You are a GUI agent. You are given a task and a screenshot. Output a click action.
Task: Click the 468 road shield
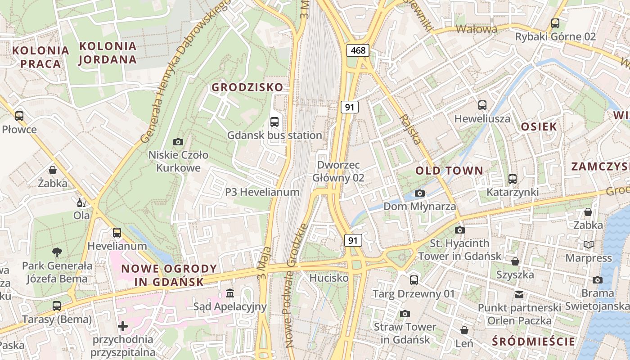coord(358,50)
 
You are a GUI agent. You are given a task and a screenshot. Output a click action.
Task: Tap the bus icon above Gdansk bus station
coord(274,121)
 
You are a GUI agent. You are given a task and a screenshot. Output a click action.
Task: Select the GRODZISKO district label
coord(247,87)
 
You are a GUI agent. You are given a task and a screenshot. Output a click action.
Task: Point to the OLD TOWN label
coord(449,171)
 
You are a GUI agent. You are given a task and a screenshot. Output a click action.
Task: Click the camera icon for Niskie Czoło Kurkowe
coord(178,142)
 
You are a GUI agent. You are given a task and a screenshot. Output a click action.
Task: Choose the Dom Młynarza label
coord(419,207)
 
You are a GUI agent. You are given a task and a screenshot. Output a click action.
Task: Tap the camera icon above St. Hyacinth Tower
coord(459,230)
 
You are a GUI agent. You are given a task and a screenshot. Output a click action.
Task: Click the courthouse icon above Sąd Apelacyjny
coord(230,293)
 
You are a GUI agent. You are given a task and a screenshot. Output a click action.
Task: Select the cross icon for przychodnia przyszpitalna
coord(122,326)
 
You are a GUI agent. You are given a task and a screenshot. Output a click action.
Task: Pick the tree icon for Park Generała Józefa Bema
coord(57,252)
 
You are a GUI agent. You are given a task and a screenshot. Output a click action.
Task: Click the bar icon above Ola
coord(81,202)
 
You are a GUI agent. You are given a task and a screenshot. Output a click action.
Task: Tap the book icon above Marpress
coord(588,244)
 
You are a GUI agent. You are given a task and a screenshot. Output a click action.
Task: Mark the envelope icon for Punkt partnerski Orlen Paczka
coord(519,294)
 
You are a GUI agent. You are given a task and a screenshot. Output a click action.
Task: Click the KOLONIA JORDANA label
coord(108,53)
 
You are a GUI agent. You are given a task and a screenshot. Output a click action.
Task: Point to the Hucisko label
coord(329,278)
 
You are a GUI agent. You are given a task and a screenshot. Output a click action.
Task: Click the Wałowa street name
coord(477,29)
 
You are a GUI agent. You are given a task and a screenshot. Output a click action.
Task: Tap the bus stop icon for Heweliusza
coord(482,105)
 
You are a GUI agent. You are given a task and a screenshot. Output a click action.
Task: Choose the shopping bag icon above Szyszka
coord(515,261)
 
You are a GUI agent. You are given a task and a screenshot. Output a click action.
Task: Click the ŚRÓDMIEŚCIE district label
coord(533,342)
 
